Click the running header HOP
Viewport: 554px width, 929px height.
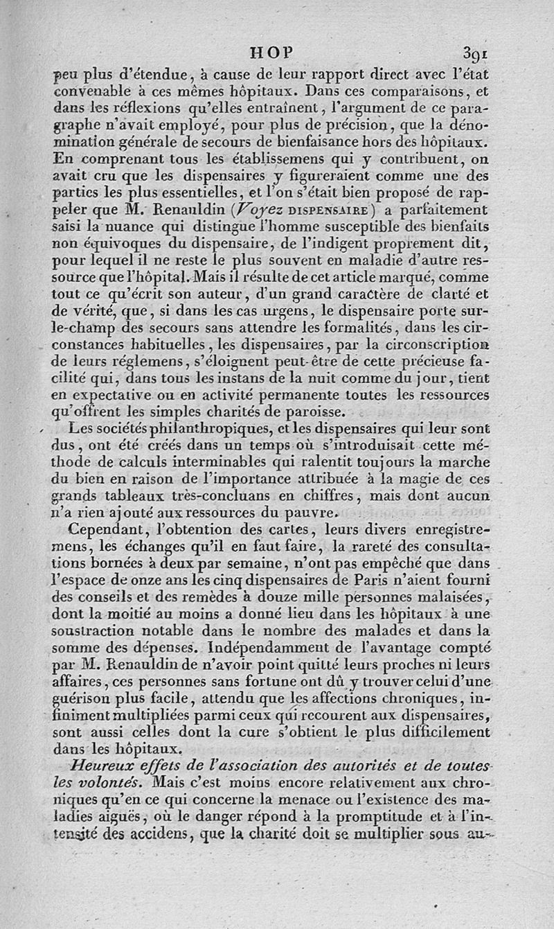271,52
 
